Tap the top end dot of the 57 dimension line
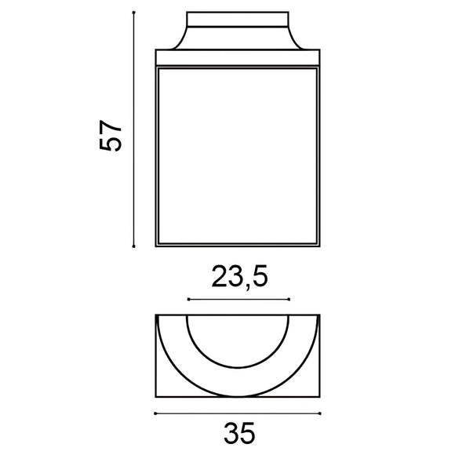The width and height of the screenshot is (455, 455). [135, 12]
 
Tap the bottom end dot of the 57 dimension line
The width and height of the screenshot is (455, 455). [135, 246]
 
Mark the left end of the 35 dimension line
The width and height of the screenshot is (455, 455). [156, 413]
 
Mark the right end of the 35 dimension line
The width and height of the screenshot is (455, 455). [320, 413]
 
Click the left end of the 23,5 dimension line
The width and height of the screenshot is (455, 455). [187, 300]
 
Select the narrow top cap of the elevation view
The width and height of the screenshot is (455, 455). [238, 20]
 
